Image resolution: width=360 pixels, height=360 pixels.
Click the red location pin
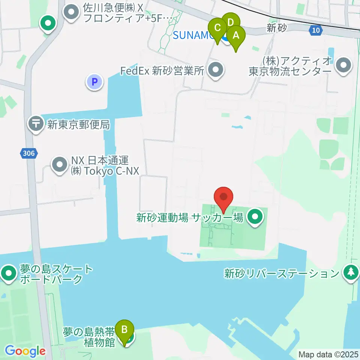tap(223, 197)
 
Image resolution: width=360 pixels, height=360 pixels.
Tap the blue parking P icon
tap(95, 81)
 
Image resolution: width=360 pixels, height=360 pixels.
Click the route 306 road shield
tap(28, 153)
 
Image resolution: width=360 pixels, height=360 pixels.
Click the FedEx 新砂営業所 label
tap(162, 71)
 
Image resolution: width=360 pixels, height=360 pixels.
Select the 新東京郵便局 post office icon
tap(37, 124)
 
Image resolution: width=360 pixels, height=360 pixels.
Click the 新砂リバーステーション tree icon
tap(351, 273)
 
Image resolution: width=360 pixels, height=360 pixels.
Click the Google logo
tap(25, 351)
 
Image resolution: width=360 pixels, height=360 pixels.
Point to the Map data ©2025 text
tap(328, 354)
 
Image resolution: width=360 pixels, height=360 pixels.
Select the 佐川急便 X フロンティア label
tap(124, 13)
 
